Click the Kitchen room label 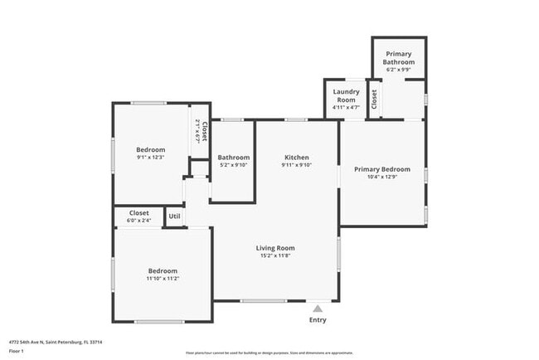pyautogui.click(x=297, y=158)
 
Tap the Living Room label pyautogui.click(x=274, y=248)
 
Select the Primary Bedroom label pyautogui.click(x=382, y=169)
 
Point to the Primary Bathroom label pyautogui.click(x=398, y=58)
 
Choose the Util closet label pyautogui.click(x=174, y=216)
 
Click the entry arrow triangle pyautogui.click(x=317, y=309)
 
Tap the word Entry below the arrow pyautogui.click(x=318, y=320)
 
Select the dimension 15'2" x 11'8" pyautogui.click(x=274, y=255)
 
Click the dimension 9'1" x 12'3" pyautogui.click(x=151, y=157)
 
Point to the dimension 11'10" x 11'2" pyautogui.click(x=163, y=279)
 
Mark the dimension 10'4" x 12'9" pyautogui.click(x=382, y=177)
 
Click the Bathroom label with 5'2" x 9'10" pyautogui.click(x=234, y=158)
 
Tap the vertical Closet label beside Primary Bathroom pyautogui.click(x=375, y=100)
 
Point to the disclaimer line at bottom pyautogui.click(x=269, y=353)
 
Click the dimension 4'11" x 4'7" pyautogui.click(x=345, y=107)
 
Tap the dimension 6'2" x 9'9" pyautogui.click(x=398, y=70)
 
